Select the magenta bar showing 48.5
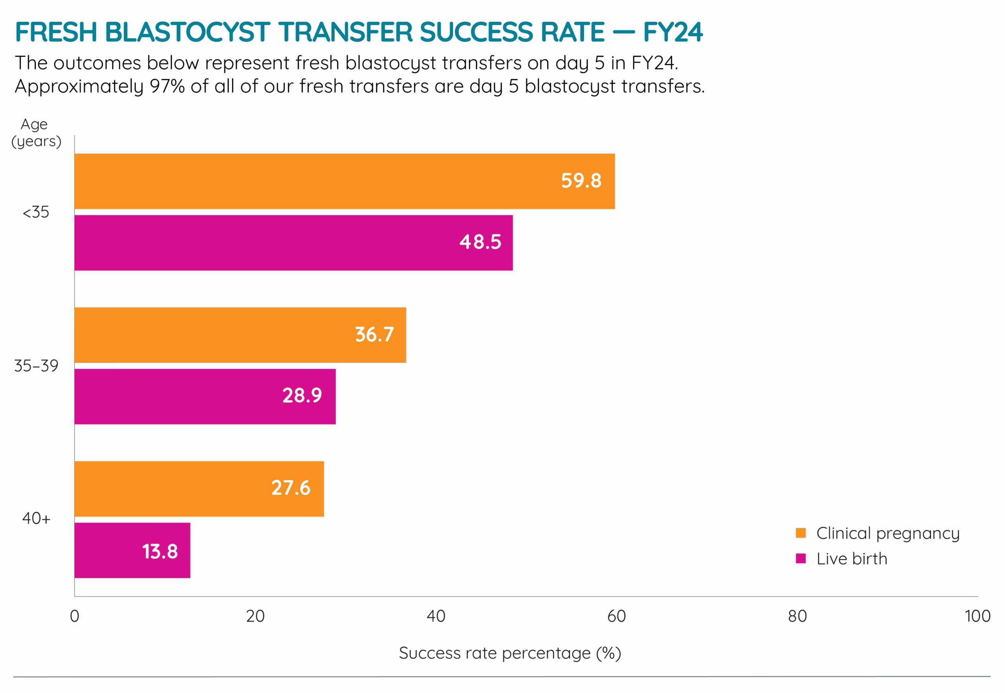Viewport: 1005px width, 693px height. click(x=293, y=243)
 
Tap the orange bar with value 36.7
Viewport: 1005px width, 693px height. click(x=240, y=335)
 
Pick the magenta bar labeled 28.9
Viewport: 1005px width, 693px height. click(x=205, y=396)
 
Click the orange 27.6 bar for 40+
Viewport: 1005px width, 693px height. click(x=199, y=489)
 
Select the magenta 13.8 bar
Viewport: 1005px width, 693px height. click(x=132, y=550)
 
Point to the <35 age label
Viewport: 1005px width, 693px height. click(x=36, y=212)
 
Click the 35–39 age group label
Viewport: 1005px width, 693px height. click(x=36, y=366)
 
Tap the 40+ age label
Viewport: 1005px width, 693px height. click(x=36, y=518)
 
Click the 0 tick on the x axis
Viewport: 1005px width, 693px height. click(x=75, y=616)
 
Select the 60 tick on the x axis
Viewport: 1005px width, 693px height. click(x=616, y=616)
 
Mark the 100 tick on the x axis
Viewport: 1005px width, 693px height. click(x=977, y=616)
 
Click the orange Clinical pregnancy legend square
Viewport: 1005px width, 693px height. click(x=800, y=533)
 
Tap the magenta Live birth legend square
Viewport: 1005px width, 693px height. click(x=800, y=558)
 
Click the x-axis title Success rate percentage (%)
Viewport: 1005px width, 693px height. click(x=510, y=653)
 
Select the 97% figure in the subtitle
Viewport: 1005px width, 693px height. click(x=167, y=86)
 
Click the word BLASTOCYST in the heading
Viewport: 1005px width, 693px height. click(x=187, y=32)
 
